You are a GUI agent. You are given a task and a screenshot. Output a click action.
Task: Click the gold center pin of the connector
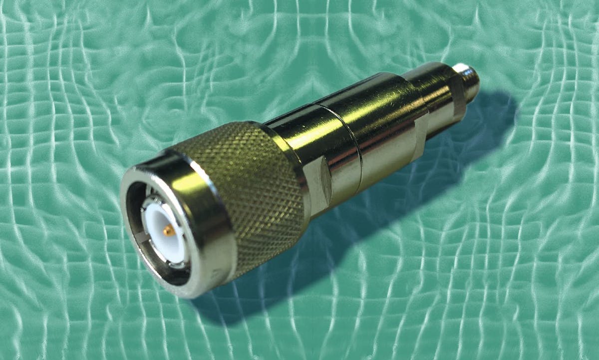point(169,230)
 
